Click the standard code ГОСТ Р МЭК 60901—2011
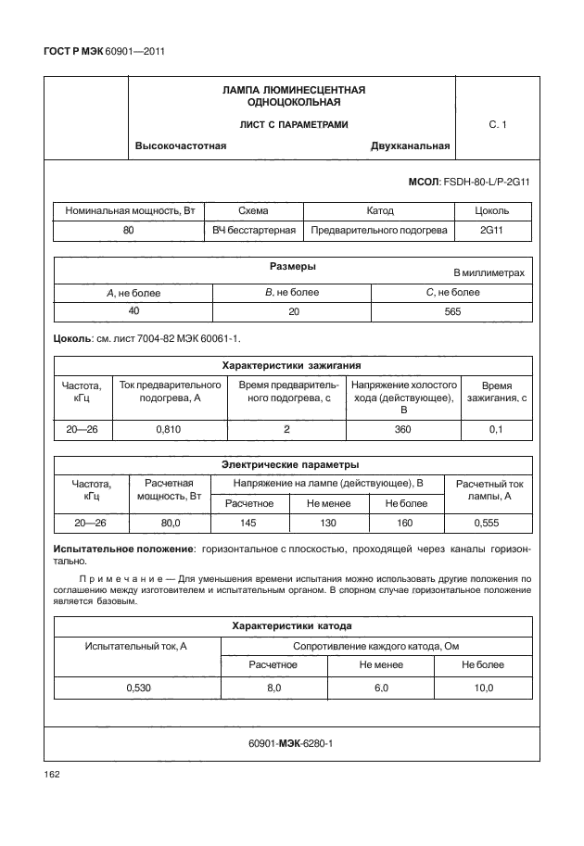pos(104,51)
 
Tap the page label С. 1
pos(497,123)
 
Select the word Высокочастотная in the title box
pos(181,145)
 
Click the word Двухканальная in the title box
pos(410,145)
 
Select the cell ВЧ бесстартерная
pos(254,230)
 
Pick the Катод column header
pos(380,211)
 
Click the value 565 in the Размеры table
pos(451,312)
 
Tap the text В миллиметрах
pos(489,273)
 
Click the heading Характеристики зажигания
pos(292,365)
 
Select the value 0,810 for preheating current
pos(169,429)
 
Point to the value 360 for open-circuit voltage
pos(403,429)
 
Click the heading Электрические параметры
pos(292,464)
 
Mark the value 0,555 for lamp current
pos(488,524)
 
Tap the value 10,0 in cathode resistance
pos(482,688)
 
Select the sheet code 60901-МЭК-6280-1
pos(291,744)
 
